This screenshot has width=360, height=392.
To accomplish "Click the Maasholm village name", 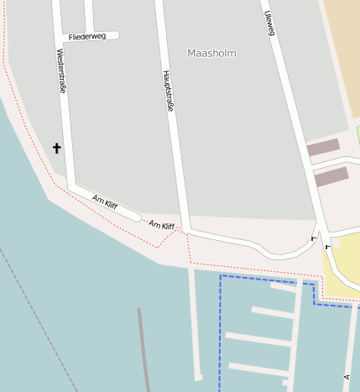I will click(x=211, y=53).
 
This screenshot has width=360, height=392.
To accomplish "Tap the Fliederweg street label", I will click(x=87, y=37).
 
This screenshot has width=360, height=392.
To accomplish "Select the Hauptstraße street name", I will click(x=168, y=91).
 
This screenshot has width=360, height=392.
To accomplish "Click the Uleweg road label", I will click(x=269, y=24).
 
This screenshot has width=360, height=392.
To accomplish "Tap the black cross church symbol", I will click(x=57, y=148).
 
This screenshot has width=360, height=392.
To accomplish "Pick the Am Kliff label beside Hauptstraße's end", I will click(x=161, y=225).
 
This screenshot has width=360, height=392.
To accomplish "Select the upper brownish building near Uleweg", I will click(x=323, y=148).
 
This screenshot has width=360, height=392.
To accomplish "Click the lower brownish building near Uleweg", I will click(x=331, y=176).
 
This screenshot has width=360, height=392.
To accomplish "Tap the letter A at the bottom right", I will click(x=346, y=378).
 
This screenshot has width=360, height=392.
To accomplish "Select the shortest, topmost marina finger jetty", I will click(x=282, y=286).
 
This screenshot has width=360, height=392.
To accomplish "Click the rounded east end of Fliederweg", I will click(x=116, y=36).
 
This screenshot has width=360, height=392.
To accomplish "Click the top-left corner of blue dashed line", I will click(x=220, y=275).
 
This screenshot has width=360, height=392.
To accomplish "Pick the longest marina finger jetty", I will click(x=258, y=340).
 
